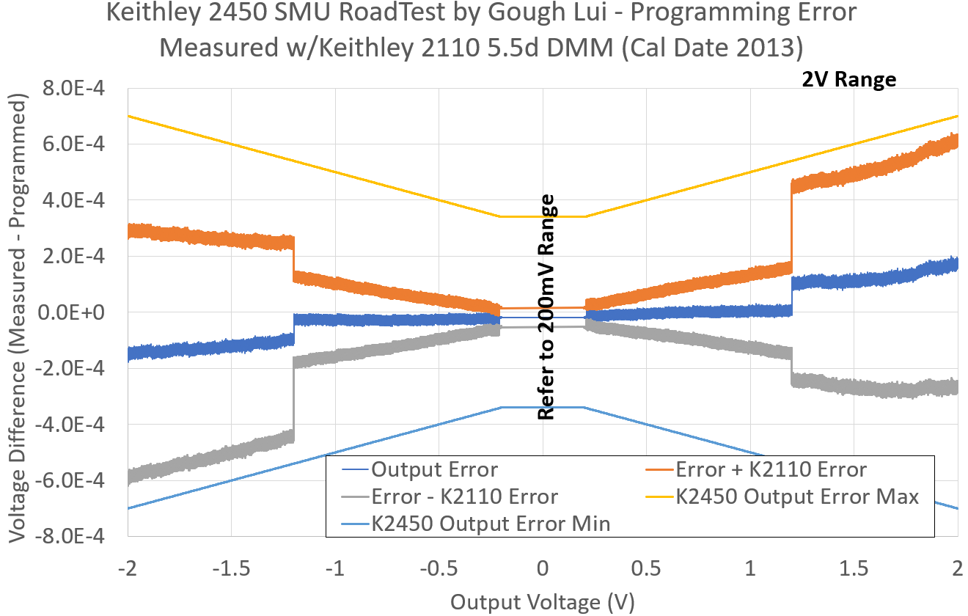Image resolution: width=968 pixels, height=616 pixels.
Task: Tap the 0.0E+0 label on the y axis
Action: coord(73,312)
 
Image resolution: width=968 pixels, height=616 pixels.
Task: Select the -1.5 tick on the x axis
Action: coord(231,568)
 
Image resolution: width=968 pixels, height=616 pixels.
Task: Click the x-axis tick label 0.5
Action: coord(645,568)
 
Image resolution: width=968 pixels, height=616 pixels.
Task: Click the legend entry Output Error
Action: coord(434,469)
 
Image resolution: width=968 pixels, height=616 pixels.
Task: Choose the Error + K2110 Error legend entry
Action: coord(771,469)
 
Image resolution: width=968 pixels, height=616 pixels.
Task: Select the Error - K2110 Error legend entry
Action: coord(464,496)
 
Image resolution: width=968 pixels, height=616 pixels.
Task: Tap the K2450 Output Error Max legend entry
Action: coord(796,496)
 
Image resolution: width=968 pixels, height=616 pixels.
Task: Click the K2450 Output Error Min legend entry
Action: coord(491,524)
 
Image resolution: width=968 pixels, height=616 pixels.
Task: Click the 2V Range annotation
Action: coord(848,79)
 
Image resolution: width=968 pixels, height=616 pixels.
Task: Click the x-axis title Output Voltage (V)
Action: coord(542,602)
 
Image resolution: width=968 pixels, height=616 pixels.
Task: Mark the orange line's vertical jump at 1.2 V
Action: coord(792,227)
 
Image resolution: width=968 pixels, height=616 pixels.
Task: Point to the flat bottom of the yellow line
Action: coord(543,216)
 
